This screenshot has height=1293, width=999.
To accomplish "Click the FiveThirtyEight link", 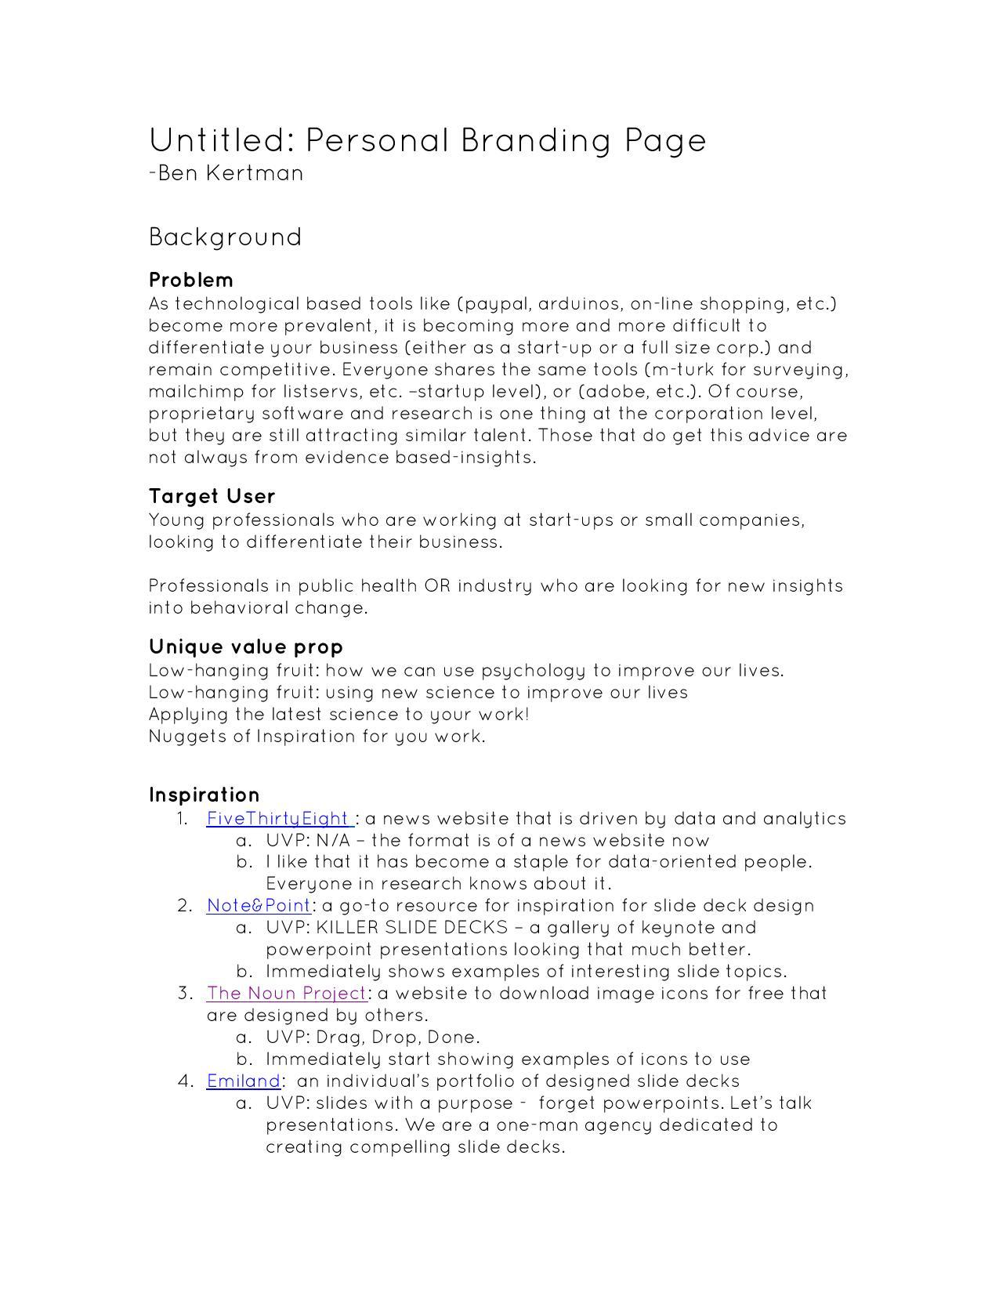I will [278, 819].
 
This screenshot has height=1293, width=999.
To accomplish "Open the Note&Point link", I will [259, 906].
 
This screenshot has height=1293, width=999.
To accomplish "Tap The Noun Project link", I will [286, 994].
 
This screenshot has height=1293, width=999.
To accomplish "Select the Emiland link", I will [243, 1081].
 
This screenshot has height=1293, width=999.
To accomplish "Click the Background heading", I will [225, 237].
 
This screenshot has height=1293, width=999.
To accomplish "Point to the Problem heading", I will [191, 280].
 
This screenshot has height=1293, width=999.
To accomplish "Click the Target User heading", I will [212, 496].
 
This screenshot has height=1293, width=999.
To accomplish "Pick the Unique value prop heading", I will [246, 646].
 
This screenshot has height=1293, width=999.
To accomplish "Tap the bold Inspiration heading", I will [205, 795].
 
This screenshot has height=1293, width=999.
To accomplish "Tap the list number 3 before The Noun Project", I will [184, 994].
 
